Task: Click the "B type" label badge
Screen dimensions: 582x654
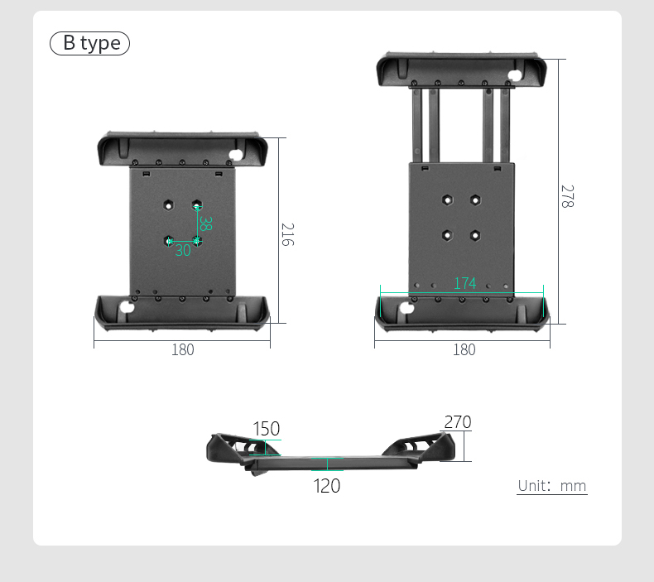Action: (90, 43)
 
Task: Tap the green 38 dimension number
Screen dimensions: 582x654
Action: (205, 224)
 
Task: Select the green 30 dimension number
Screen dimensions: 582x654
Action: (182, 250)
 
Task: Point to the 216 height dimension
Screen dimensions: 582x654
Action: (287, 234)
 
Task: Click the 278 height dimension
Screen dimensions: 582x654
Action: (566, 196)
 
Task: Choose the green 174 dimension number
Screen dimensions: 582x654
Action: (464, 283)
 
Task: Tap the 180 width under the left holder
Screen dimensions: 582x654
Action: (182, 349)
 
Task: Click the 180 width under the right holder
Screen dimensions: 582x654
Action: (464, 349)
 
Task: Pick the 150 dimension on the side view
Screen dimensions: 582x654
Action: (266, 429)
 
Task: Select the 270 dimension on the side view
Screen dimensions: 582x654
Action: (457, 422)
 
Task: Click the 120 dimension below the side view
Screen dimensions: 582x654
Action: (327, 486)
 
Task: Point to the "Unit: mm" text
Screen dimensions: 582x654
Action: (552, 486)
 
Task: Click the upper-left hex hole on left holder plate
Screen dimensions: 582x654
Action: (168, 204)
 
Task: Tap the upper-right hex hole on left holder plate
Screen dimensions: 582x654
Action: (197, 204)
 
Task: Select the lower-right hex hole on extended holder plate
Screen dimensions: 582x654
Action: (475, 235)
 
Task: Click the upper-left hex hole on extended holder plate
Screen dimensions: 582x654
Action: (447, 200)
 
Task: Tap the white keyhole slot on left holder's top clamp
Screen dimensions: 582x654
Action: (237, 155)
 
